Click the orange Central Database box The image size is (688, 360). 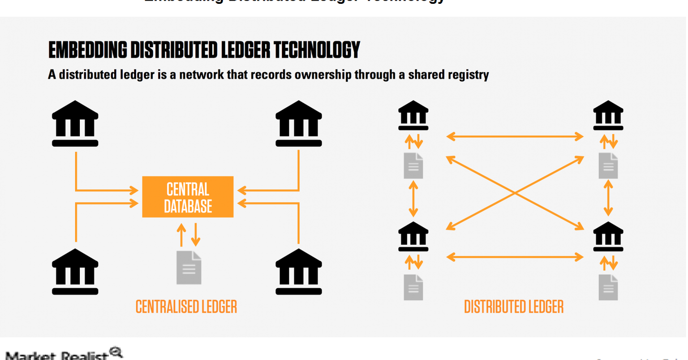pos(188,196)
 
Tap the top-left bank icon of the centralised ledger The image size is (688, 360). pos(75,123)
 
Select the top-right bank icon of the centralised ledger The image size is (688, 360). pos(299,123)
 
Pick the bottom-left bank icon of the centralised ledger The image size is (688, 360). pos(75,271)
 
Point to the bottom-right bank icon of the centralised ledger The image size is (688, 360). pos(299,271)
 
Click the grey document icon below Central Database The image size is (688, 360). pos(189,267)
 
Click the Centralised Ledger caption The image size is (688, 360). pos(186,307)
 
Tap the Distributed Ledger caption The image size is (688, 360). pos(514,307)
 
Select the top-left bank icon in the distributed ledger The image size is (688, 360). pos(413,115)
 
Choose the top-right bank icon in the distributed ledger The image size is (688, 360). pos(608,115)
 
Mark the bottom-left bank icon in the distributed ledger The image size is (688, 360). pos(413,236)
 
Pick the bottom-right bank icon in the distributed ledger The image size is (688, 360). pos(608,236)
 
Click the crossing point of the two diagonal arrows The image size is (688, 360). pos(515,193)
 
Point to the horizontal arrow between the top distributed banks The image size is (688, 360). pos(515,137)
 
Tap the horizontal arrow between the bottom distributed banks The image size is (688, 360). pos(515,257)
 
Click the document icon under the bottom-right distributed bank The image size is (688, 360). pos(608,287)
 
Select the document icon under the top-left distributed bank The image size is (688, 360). pos(413,165)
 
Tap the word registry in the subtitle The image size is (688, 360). pos(468,75)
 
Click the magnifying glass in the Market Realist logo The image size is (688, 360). pos(116,353)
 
